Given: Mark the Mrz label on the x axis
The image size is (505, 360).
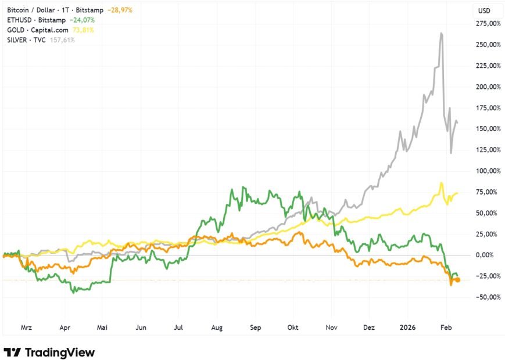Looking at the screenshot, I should pos(27,327).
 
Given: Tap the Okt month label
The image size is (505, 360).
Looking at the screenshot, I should pos(292,327).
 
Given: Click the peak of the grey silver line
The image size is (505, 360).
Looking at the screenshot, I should pos(442,34).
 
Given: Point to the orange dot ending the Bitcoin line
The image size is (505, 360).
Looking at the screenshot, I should pos(457,280).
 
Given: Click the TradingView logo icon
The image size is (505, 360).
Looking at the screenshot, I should pos(13,352).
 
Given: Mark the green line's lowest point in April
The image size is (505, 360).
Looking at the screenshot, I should pos(73,293).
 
